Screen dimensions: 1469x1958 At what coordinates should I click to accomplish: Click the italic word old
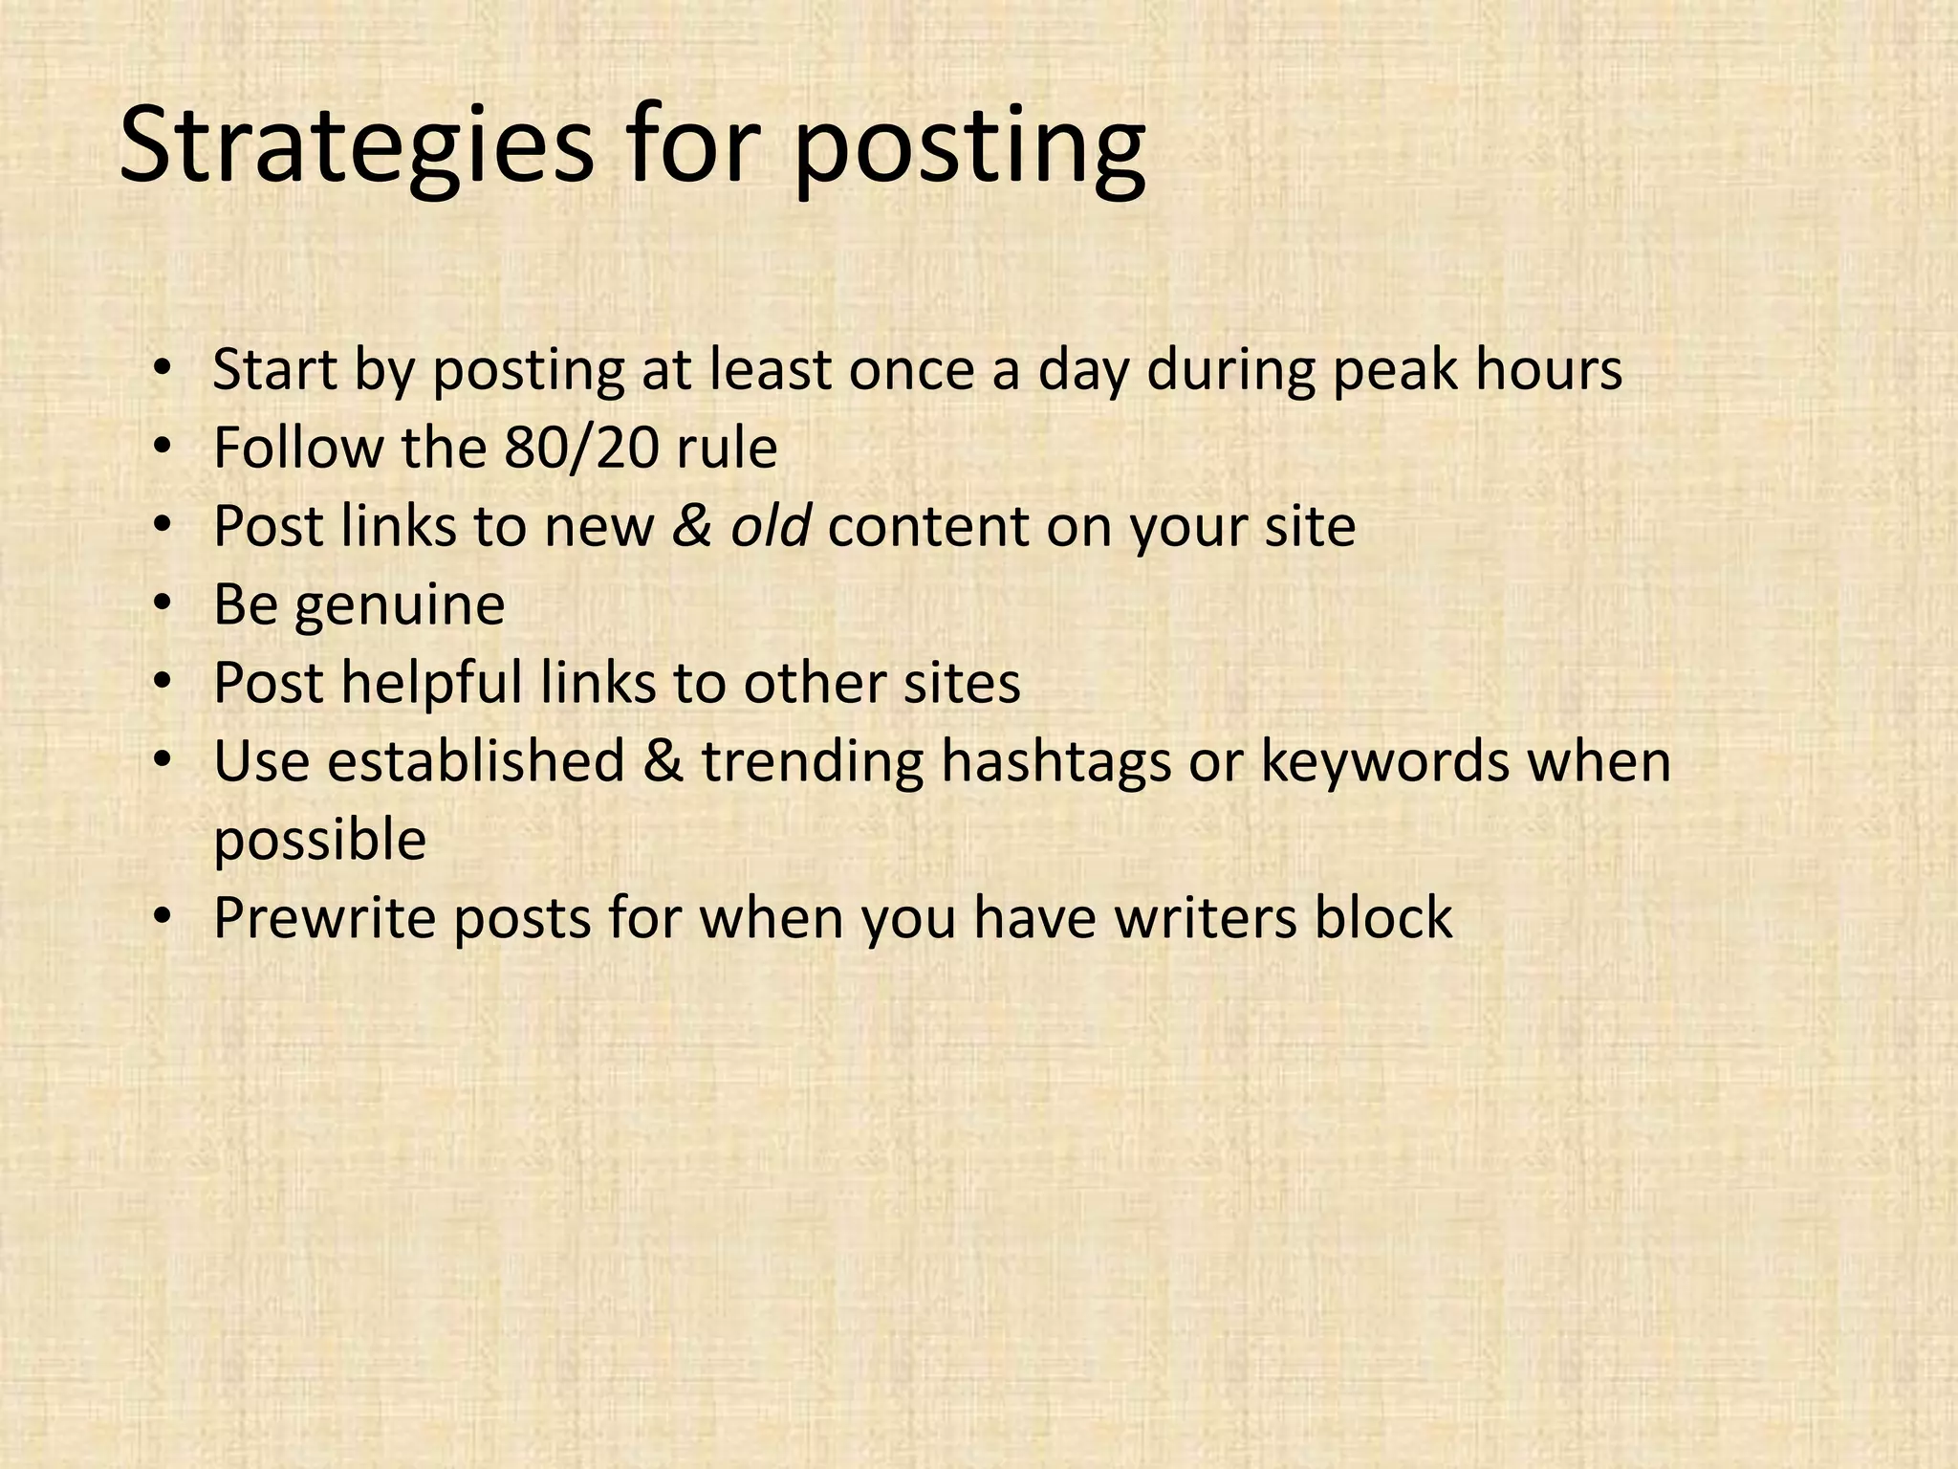point(771,526)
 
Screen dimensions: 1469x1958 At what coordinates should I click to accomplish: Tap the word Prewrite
point(324,918)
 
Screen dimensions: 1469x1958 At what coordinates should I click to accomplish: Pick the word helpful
point(431,683)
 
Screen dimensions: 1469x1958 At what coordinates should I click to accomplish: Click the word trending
point(813,763)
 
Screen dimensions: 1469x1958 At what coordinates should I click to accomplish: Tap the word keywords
point(1384,761)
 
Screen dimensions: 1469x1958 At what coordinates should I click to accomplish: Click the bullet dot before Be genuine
point(163,603)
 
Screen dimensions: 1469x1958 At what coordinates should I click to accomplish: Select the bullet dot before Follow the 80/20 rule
point(163,447)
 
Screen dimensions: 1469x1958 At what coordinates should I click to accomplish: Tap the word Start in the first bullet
point(274,369)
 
